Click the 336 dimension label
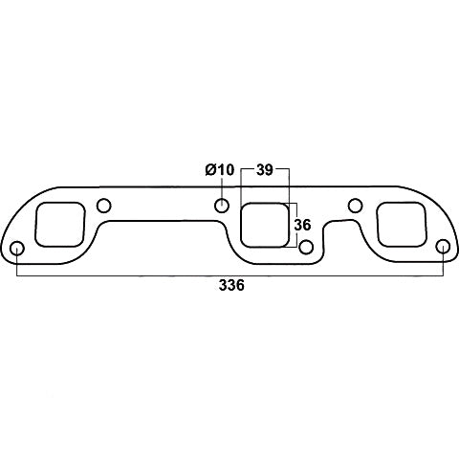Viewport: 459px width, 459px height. tap(231, 285)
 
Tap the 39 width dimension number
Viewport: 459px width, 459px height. tap(265, 170)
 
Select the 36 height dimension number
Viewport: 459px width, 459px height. tap(302, 225)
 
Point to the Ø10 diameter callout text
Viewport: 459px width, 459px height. tap(220, 169)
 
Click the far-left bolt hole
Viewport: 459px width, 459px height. tap(17, 249)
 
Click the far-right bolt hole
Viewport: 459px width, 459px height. tap(443, 248)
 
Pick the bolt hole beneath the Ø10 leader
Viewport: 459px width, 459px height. tap(222, 206)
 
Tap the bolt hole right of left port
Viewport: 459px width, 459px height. tap(103, 206)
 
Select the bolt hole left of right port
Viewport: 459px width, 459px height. tap(355, 206)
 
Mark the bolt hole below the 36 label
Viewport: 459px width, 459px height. tap(307, 247)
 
